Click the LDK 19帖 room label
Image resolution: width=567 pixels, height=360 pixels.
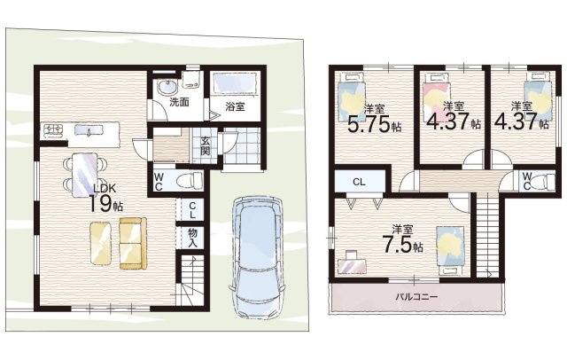pos(106,199)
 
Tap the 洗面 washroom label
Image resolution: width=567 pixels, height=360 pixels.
pos(179,102)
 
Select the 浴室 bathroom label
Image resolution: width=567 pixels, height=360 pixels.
pos(235,106)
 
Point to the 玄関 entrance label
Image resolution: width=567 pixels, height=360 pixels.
pos(205,145)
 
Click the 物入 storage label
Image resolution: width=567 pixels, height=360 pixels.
pos(192,238)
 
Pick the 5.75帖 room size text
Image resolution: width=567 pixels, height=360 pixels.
pos(374,123)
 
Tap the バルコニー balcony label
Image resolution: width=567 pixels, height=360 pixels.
pos(416,297)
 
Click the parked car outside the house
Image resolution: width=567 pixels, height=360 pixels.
pos(257,257)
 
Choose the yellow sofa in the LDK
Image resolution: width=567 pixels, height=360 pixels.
pos(133,243)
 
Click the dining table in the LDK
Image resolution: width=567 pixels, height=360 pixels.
pos(85,175)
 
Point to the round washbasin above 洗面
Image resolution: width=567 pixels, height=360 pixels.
pos(167,87)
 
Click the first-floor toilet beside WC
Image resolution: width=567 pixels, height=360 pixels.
pos(189,180)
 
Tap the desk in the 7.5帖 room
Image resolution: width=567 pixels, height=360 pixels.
pos(353,264)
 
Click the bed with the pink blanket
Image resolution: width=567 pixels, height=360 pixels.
pos(437,97)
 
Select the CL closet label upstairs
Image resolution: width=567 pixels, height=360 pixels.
pos(359,182)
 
